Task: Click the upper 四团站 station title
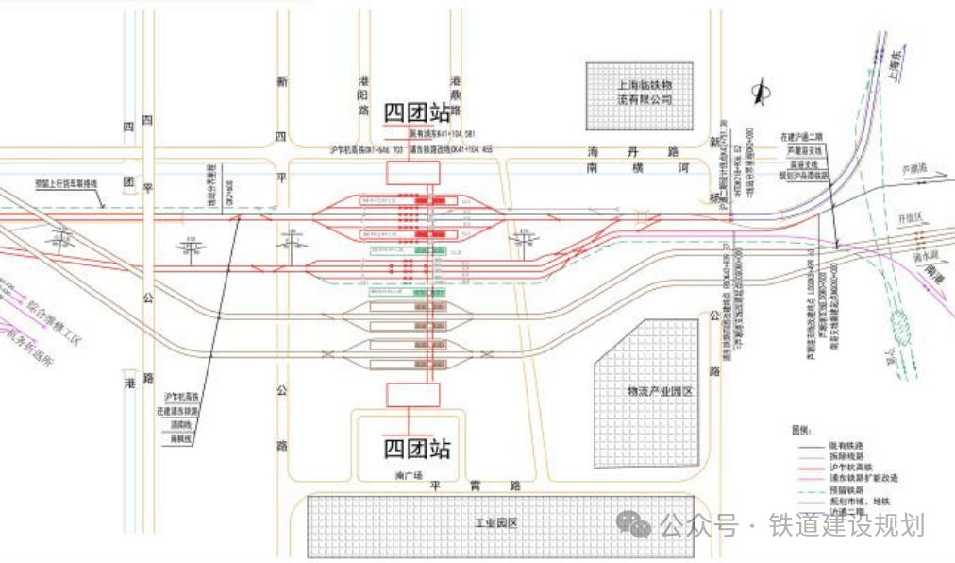[418, 113]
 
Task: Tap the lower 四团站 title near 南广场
[416, 448]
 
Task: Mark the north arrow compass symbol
[760, 92]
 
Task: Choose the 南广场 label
[406, 473]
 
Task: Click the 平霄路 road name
[476, 486]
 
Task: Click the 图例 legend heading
[802, 430]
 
